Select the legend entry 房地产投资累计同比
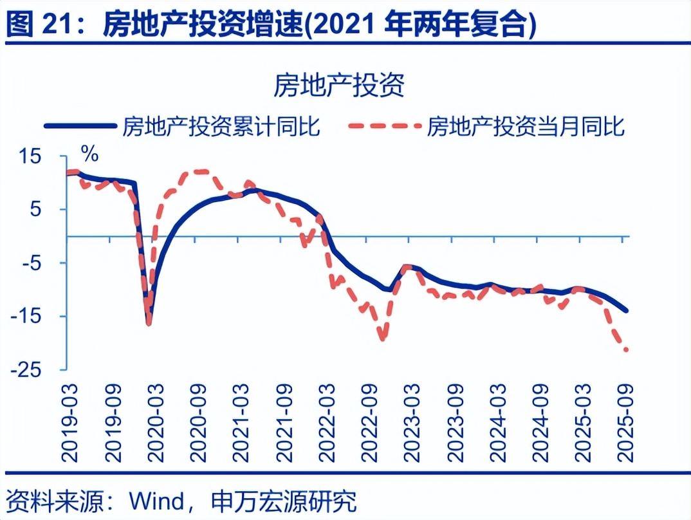(x=221, y=126)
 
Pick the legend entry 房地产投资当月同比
(x=526, y=126)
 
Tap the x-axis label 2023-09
(x=453, y=422)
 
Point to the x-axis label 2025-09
(x=623, y=422)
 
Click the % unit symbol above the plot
(x=89, y=154)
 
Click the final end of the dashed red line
(x=626, y=350)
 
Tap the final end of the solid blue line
(x=627, y=311)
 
